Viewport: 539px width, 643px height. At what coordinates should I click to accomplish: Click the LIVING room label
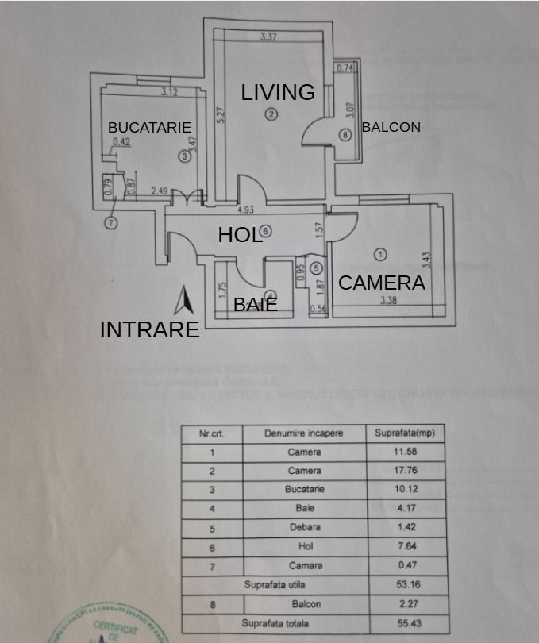click(x=278, y=92)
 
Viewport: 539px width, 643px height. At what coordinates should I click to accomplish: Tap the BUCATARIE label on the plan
click(x=149, y=127)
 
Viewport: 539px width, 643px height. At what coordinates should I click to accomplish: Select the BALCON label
click(x=391, y=127)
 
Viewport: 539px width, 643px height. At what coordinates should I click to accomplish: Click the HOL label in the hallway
click(x=240, y=234)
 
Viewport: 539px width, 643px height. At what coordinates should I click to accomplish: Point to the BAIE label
click(x=255, y=304)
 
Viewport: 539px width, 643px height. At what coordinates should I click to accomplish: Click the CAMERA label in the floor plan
click(x=382, y=283)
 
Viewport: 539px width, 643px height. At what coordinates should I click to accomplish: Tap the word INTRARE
click(x=149, y=330)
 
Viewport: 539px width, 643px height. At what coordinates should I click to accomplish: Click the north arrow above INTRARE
click(x=185, y=300)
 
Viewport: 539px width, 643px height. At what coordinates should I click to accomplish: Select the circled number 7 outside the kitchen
click(x=111, y=223)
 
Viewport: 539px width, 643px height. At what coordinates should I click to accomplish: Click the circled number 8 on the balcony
click(x=344, y=135)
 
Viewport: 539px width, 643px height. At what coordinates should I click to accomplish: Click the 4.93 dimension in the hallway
click(x=246, y=210)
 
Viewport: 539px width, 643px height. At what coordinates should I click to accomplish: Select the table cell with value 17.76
click(x=405, y=471)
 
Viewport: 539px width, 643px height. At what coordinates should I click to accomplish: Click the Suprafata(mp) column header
click(x=405, y=433)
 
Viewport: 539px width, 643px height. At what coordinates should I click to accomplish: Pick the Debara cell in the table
click(x=304, y=527)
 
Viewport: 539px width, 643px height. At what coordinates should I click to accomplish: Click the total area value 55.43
click(x=405, y=623)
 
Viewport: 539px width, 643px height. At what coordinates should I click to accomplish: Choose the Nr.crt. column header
click(x=210, y=433)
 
